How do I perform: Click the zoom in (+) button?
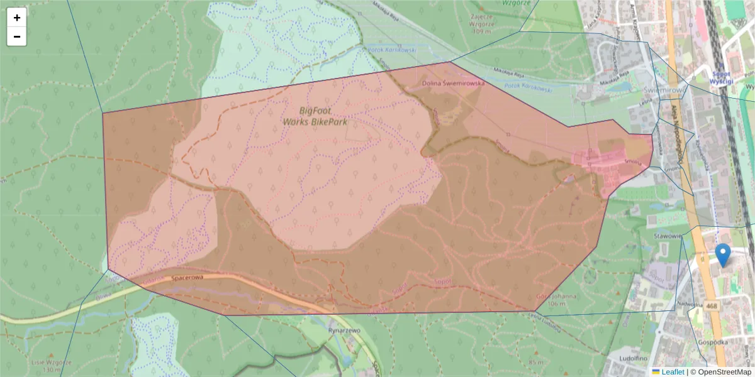16,18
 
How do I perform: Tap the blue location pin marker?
724,255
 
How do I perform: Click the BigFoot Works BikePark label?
315,116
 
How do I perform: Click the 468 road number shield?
712,306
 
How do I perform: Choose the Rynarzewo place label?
343,330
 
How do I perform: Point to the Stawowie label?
668,236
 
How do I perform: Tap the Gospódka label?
713,342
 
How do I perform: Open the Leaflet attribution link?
673,372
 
